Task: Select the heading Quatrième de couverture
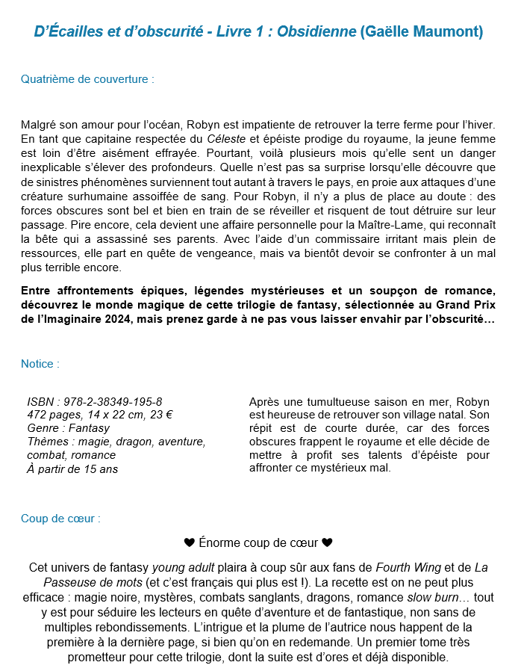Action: point(87,78)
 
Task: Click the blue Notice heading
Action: point(40,364)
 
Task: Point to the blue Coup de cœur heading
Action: point(60,518)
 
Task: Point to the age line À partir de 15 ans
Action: point(72,468)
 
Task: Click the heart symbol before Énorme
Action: point(189,542)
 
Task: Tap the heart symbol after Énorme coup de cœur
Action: point(327,542)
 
